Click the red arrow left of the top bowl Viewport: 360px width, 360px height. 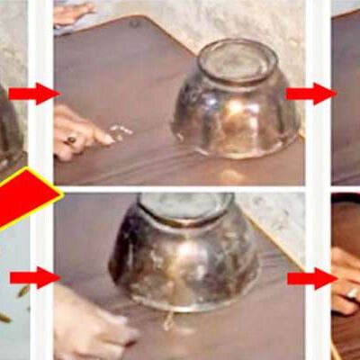[34, 93]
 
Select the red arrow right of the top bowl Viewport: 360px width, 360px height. [311, 93]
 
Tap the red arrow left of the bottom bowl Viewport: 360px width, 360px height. [34, 277]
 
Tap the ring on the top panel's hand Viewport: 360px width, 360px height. [71, 140]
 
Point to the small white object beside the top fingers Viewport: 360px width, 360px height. [120, 131]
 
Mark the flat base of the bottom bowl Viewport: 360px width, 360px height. [186, 208]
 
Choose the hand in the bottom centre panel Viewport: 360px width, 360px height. [90, 324]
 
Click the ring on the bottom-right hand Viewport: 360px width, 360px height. [353, 292]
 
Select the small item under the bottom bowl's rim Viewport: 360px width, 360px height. [169, 317]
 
